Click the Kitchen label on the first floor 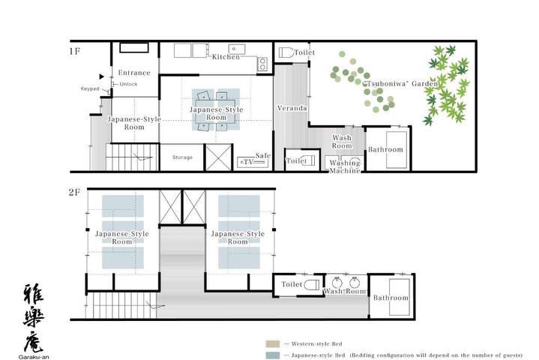[226, 57]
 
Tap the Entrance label [134, 73]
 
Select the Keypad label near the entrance [90, 88]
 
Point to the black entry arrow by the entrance [101, 76]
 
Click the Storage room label [182, 157]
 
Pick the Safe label [263, 155]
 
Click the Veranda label [292, 108]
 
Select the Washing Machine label [345, 166]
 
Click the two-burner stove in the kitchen [262, 64]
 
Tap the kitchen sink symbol [237, 49]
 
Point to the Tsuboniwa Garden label [401, 83]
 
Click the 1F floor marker [75, 52]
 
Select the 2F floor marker [74, 192]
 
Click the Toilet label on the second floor [292, 284]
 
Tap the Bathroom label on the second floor [391, 298]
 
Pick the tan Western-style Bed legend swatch [273, 343]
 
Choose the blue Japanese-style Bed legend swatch [273, 355]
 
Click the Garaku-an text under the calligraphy [34, 357]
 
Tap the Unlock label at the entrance [128, 84]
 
